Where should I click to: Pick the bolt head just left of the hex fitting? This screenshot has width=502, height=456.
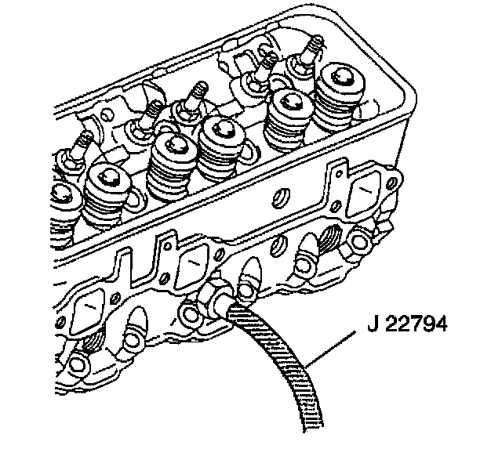pyautogui.click(x=188, y=313)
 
